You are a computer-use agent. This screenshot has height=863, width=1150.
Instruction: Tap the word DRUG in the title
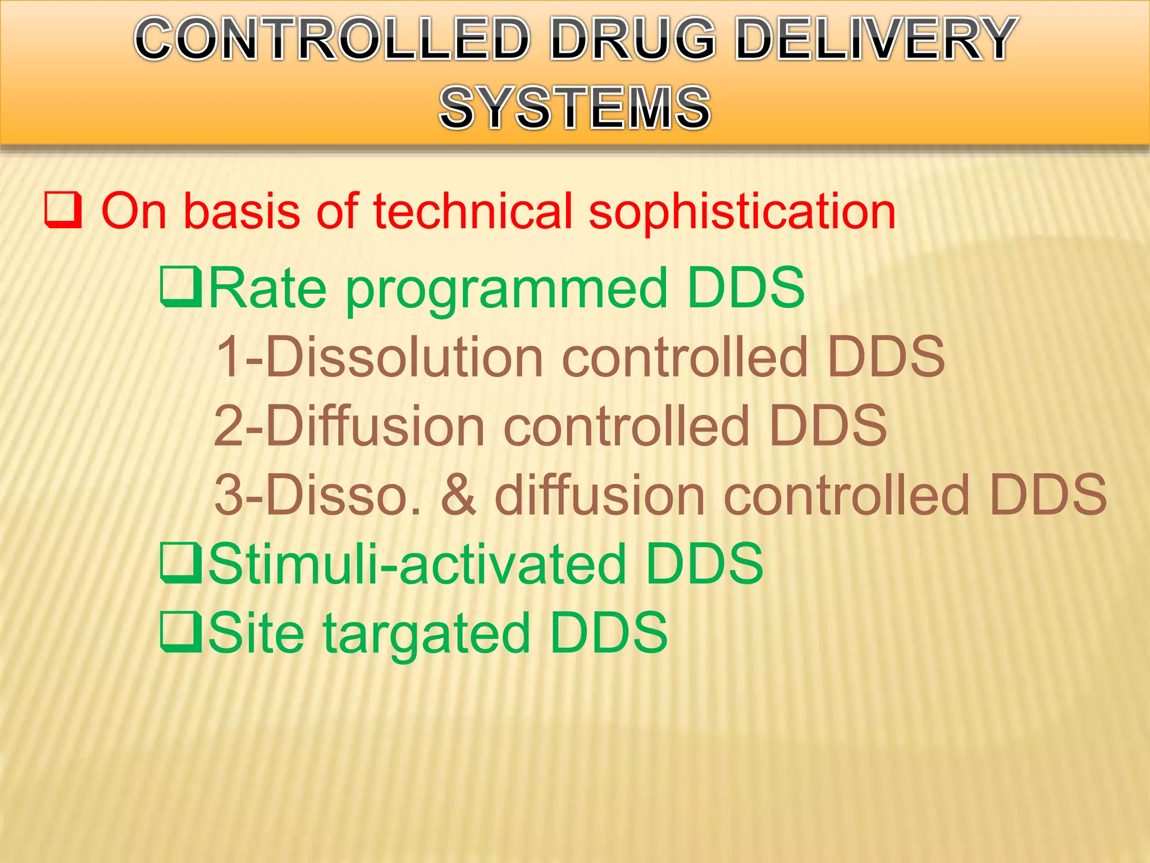pyautogui.click(x=633, y=39)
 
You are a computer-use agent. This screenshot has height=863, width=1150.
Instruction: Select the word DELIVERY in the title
pyautogui.click(x=876, y=39)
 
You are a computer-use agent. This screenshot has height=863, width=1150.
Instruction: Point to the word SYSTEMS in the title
pyautogui.click(x=575, y=107)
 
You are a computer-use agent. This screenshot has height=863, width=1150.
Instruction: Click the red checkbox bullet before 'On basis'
pyautogui.click(x=63, y=210)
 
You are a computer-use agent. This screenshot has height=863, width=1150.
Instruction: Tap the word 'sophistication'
pyautogui.click(x=741, y=214)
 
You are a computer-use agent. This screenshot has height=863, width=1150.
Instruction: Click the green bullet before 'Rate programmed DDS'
pyautogui.click(x=181, y=287)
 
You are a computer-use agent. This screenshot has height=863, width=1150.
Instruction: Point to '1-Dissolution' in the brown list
pyautogui.click(x=380, y=357)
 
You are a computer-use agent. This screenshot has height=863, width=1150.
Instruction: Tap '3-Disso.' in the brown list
pyautogui.click(x=317, y=495)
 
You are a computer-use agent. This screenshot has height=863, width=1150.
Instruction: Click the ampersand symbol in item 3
pyautogui.click(x=458, y=495)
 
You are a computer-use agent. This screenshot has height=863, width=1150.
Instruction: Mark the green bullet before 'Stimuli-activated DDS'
pyautogui.click(x=181, y=562)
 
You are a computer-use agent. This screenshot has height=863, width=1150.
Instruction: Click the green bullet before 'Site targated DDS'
pyautogui.click(x=181, y=632)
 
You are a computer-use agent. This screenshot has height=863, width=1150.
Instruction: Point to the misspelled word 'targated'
pyautogui.click(x=427, y=635)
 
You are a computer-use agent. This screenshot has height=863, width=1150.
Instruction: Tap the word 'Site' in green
pyautogui.click(x=256, y=633)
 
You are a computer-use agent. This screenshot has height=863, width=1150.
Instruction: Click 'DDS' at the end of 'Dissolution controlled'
pyautogui.click(x=886, y=357)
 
